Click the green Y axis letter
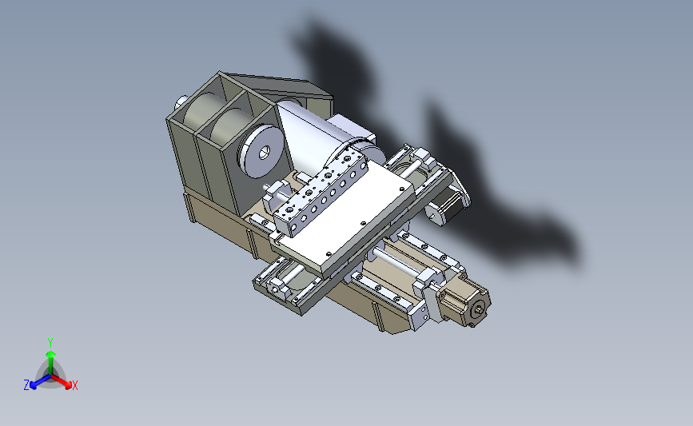tap(50, 341)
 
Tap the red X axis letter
tap(75, 386)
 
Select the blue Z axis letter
tap(26, 385)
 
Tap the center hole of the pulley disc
tap(264, 151)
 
